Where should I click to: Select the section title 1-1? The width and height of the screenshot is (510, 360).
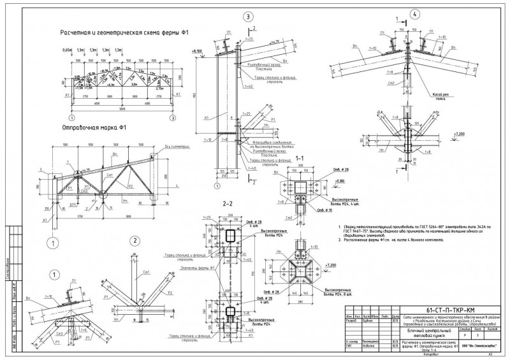[300, 158]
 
